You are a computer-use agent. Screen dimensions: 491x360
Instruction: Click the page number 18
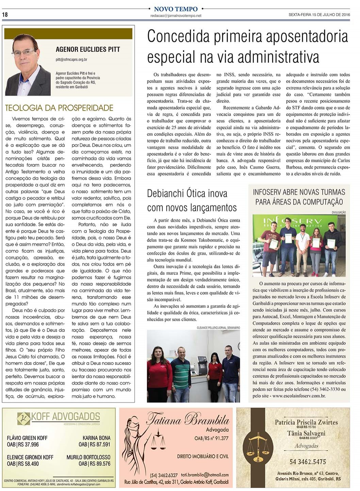click(x=5, y=15)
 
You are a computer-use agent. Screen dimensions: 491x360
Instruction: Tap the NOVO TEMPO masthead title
click(x=176, y=9)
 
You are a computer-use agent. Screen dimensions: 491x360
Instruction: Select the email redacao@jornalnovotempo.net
click(x=176, y=16)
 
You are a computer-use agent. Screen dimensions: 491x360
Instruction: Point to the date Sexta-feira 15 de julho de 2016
click(x=319, y=15)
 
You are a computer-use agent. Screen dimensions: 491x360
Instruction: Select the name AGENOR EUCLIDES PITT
click(x=88, y=49)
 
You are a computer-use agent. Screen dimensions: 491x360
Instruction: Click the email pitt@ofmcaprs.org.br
click(x=71, y=60)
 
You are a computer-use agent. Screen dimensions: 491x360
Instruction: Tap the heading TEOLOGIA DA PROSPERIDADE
click(x=59, y=108)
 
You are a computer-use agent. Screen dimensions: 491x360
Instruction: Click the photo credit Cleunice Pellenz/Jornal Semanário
click(x=218, y=327)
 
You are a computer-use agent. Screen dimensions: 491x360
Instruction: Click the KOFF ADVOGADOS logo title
click(x=65, y=417)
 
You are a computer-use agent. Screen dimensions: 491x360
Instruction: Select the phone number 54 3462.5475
click(x=308, y=462)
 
